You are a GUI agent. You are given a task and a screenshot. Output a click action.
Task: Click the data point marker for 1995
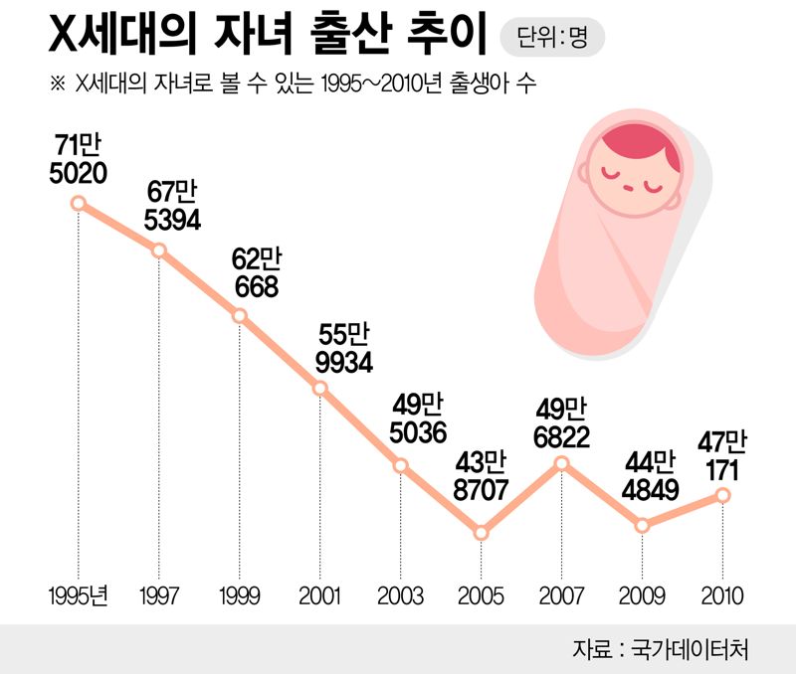[79, 204]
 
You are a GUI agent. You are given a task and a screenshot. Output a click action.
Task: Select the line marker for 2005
[481, 533]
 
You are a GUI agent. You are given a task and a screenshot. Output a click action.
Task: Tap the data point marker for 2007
[561, 463]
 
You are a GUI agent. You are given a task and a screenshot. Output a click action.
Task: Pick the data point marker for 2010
[723, 495]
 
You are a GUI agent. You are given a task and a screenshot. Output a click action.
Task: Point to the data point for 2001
[320, 388]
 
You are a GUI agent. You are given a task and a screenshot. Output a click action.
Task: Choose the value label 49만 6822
[562, 422]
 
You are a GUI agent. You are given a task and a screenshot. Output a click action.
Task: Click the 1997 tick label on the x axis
[159, 596]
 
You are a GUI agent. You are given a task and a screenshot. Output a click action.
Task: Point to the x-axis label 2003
[400, 596]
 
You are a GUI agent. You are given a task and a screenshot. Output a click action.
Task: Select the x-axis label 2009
[642, 596]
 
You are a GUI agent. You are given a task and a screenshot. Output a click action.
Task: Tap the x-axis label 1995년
[79, 596]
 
